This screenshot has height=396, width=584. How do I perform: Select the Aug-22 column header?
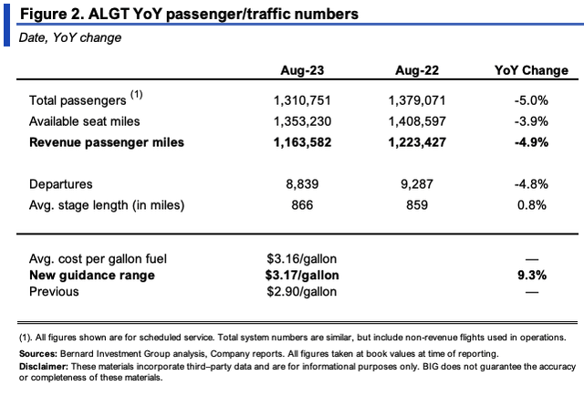pyautogui.click(x=418, y=70)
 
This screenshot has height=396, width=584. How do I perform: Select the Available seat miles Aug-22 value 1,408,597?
pyautogui.click(x=418, y=121)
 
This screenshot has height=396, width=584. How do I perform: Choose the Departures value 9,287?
pyautogui.click(x=418, y=184)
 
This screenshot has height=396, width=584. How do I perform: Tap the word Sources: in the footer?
pyautogui.click(x=40, y=351)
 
